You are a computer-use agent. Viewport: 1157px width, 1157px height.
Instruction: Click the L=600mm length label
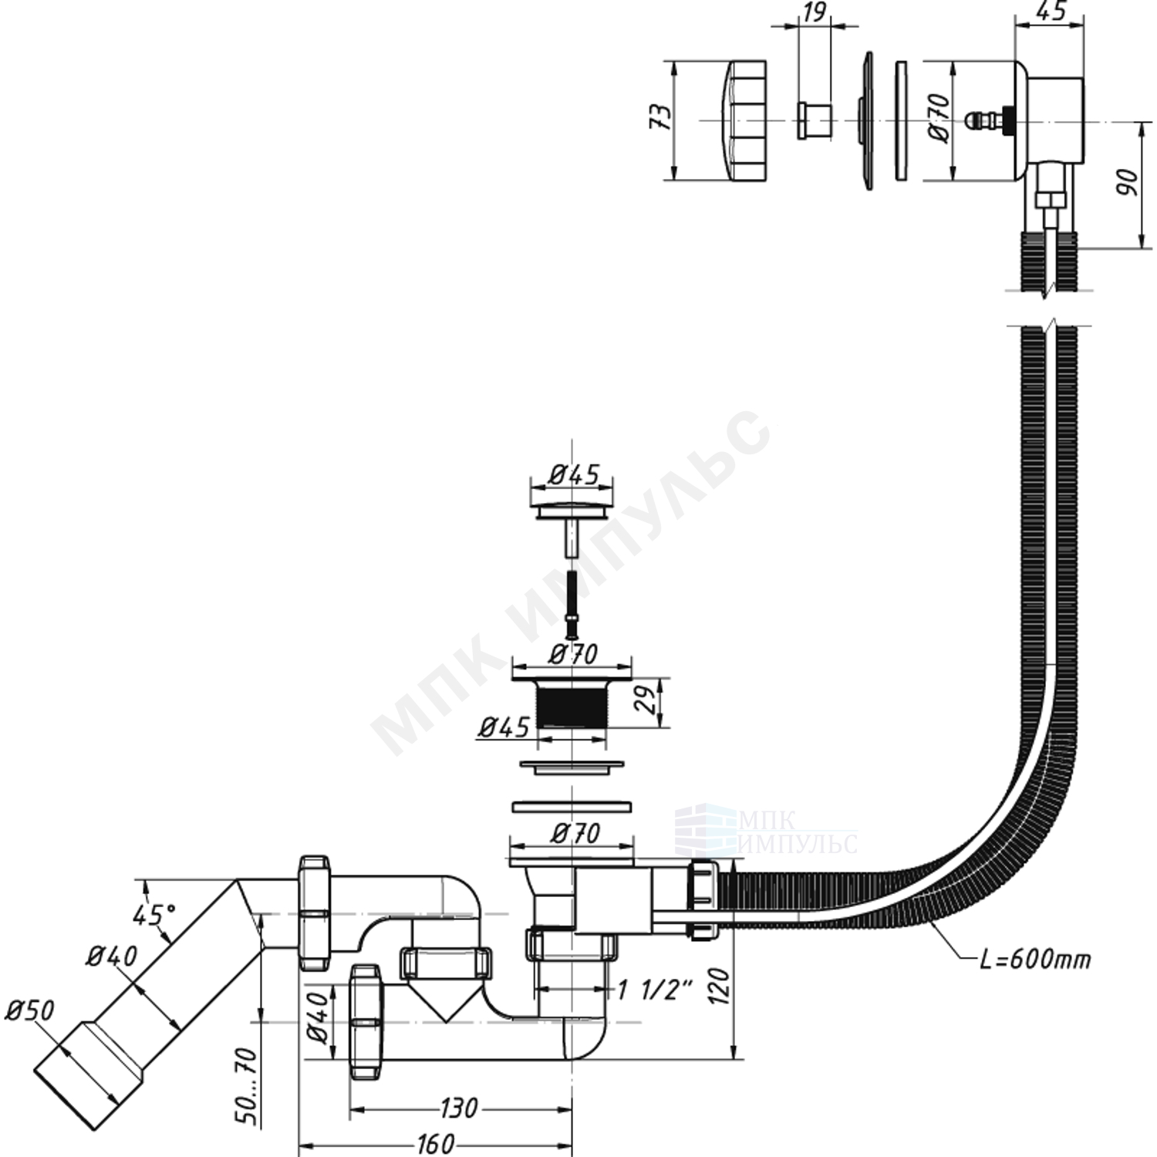1035,960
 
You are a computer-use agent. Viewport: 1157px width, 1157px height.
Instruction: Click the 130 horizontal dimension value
460,1108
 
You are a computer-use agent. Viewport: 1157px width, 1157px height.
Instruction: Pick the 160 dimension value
436,1144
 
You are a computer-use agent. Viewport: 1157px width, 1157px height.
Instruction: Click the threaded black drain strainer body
572,705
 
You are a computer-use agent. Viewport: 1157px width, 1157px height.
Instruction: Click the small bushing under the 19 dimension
815,120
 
